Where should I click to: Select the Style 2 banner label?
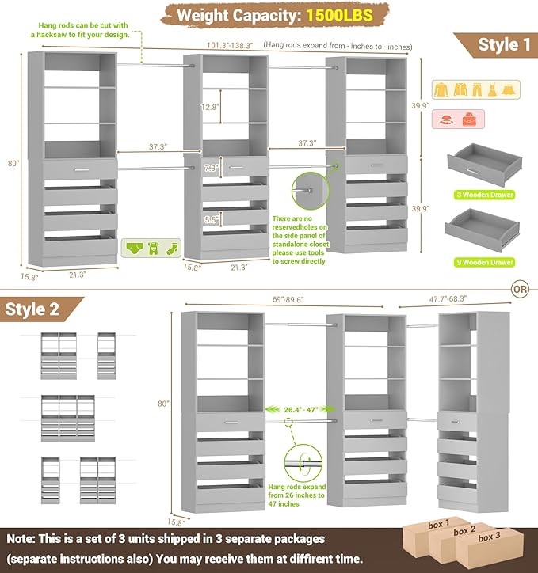pyautogui.click(x=32, y=309)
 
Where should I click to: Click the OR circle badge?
pyautogui.click(x=520, y=290)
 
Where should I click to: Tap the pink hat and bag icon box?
pyautogui.click(x=453, y=120)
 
